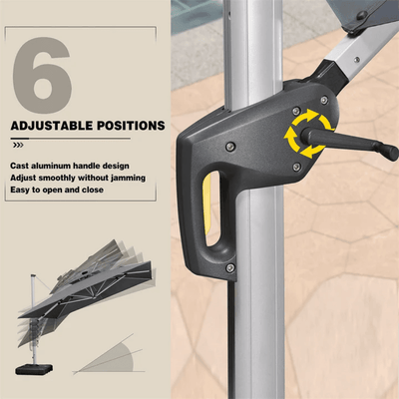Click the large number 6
pos(42,76)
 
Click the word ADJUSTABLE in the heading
pos(52,126)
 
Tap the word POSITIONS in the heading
pos(131,126)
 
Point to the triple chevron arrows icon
pos(18,145)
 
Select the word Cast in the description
pos(19,166)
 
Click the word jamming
pos(128,179)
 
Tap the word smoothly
pos(57,178)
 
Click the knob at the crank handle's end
pos(390,151)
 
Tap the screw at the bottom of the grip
pos(229,267)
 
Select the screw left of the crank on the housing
pos(229,146)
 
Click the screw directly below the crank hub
pos(297,167)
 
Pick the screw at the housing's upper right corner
pos(324,100)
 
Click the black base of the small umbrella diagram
pos(34,369)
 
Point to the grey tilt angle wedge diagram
pos(109,356)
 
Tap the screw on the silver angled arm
pos(357,60)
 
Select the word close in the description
pos(92,190)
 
